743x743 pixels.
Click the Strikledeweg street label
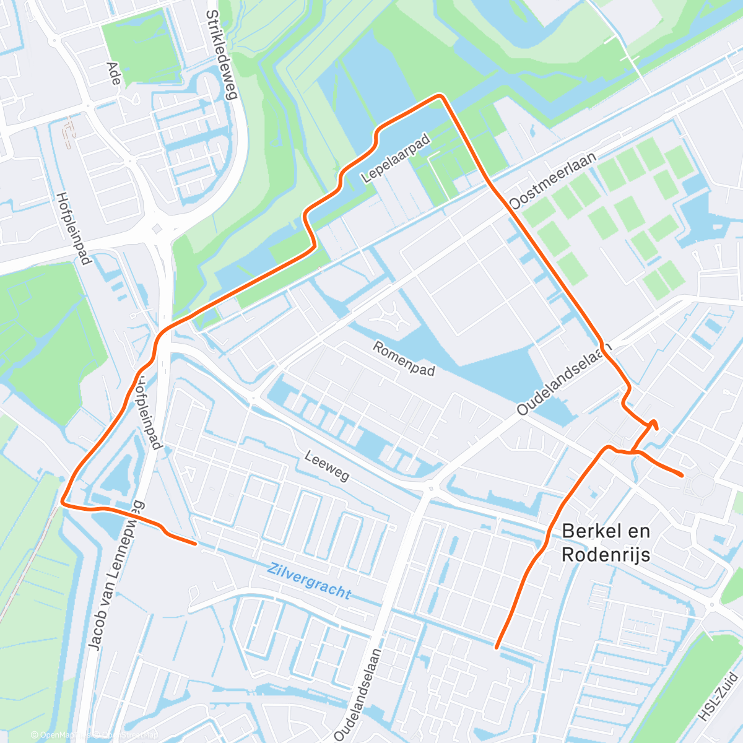point(222,55)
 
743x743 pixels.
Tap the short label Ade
point(113,77)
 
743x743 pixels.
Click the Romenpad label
point(404,358)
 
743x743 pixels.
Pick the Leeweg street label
point(327,466)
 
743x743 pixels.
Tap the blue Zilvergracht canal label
point(309,580)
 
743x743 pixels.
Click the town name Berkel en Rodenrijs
point(606,542)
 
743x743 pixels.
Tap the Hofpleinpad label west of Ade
point(74,228)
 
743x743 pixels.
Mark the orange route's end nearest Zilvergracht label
point(196,544)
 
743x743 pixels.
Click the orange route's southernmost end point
point(497,647)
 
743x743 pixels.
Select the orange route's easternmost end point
point(682,475)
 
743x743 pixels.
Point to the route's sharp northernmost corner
point(440,95)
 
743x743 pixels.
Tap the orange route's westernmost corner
point(63,503)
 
